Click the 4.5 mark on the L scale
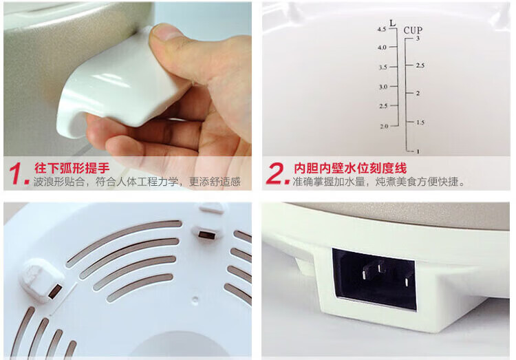tap(382, 30)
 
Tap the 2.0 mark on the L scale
tap(384, 126)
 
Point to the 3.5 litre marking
tap(383, 67)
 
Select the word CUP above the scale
tap(413, 30)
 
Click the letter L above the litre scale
tap(392, 23)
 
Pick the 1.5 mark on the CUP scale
tap(420, 123)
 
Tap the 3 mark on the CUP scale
tap(418, 39)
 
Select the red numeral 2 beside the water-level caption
tap(277, 173)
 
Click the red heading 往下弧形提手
tap(72, 168)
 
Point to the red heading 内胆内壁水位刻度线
tap(350, 168)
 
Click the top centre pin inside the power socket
tap(381, 266)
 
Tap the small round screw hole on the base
tap(195, 299)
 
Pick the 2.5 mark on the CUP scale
tap(420, 65)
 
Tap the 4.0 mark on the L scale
tap(382, 47)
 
